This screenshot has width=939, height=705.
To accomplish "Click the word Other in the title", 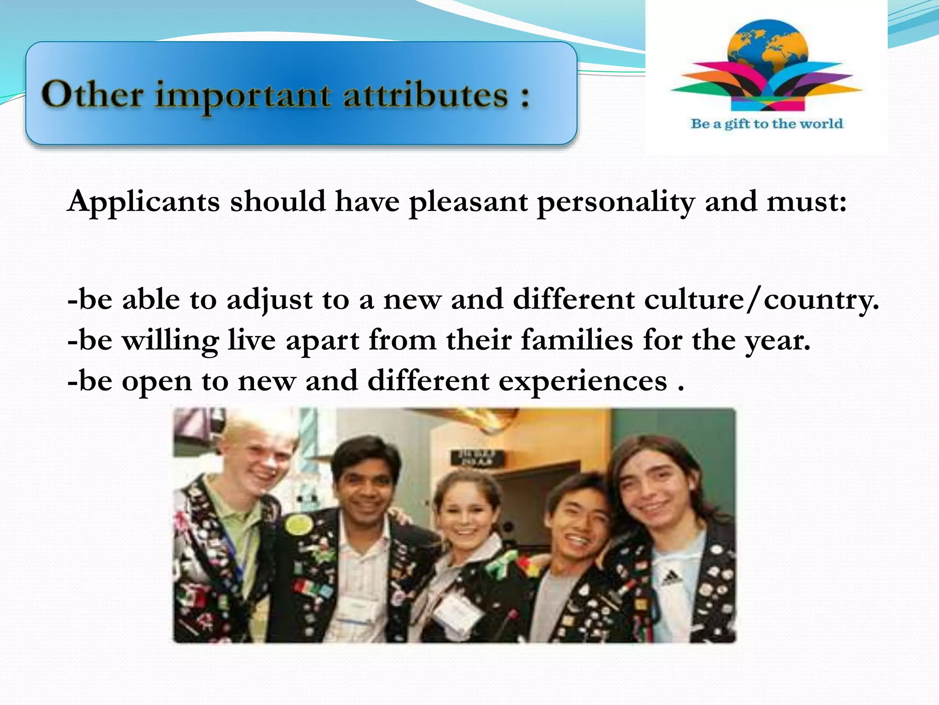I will (x=92, y=95).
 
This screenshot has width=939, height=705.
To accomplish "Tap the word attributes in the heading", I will (x=425, y=95).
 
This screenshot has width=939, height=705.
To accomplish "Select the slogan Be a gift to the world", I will (x=767, y=123).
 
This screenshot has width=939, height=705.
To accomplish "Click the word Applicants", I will (x=144, y=202).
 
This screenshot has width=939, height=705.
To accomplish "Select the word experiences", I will (x=583, y=381).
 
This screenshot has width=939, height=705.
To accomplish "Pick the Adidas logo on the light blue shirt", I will (x=671, y=579).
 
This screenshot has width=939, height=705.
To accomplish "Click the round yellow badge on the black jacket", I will (x=298, y=523).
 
